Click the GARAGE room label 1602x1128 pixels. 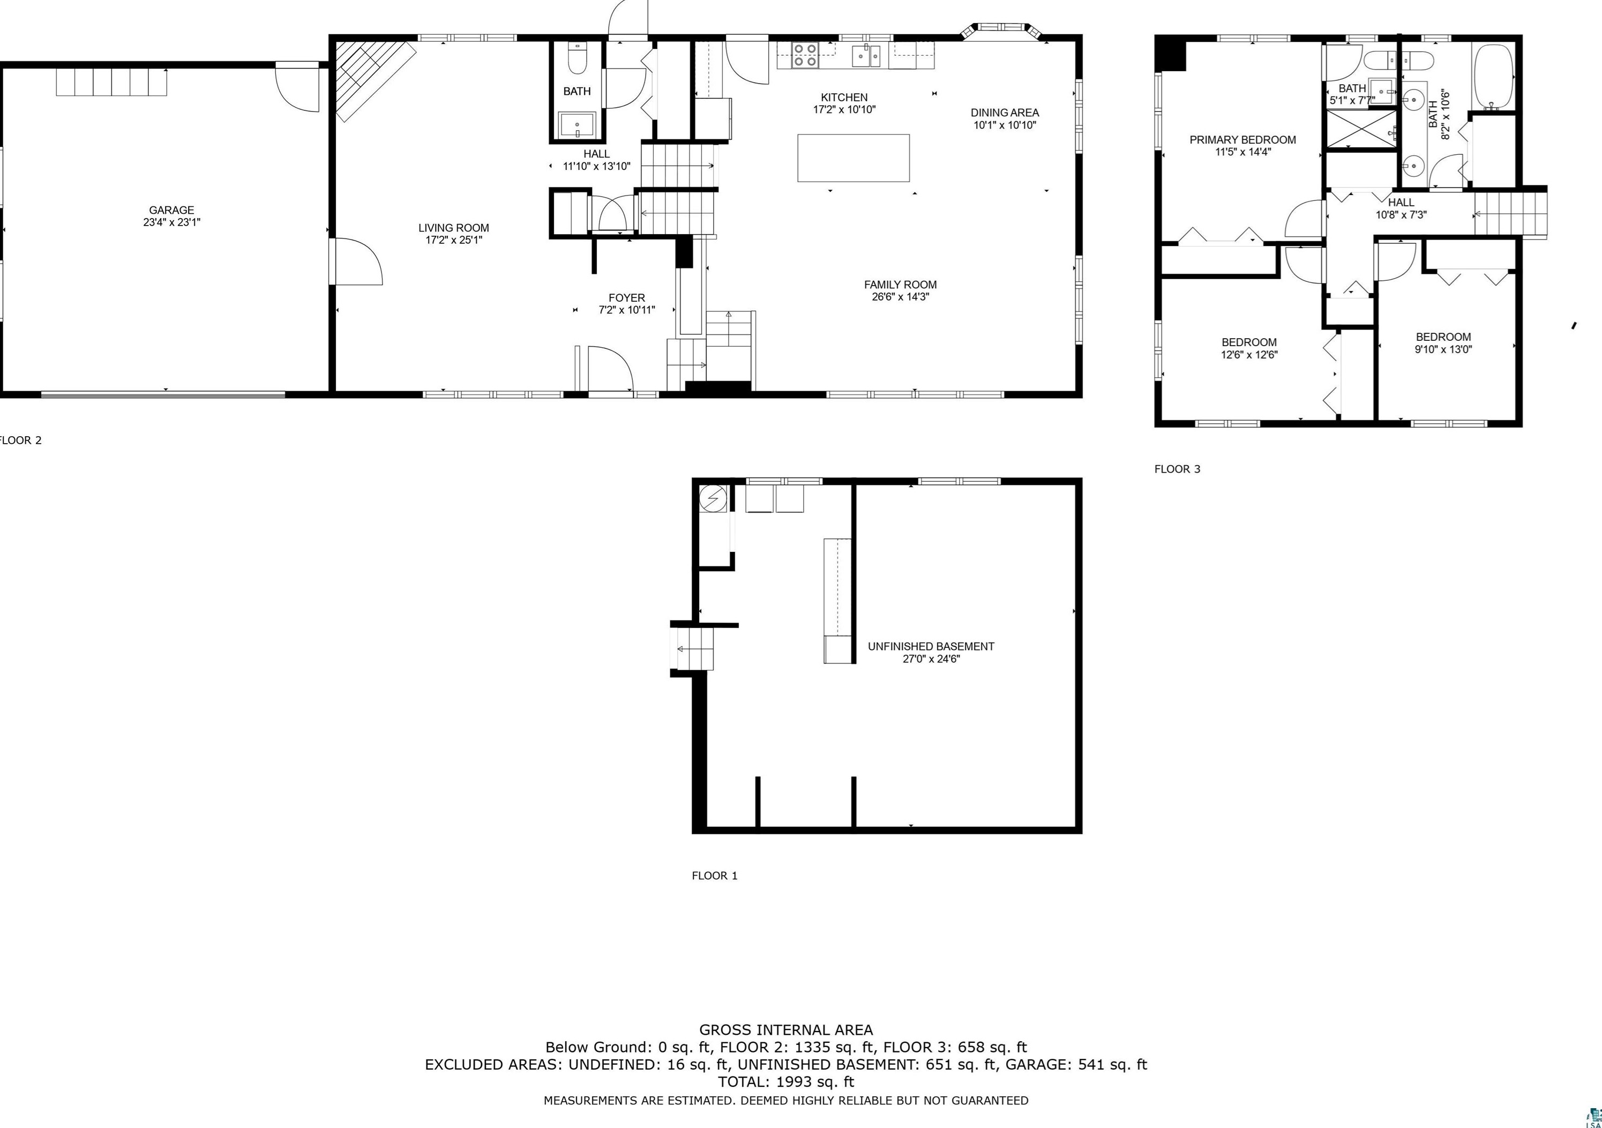click(x=171, y=210)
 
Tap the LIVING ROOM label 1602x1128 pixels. click(x=453, y=228)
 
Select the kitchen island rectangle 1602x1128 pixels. click(x=854, y=158)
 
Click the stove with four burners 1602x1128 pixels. click(x=805, y=55)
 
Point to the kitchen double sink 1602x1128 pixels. click(x=868, y=55)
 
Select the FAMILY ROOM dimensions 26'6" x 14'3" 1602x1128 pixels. click(x=900, y=297)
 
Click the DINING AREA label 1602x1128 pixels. click(x=1005, y=113)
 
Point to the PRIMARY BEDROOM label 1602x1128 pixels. click(x=1242, y=140)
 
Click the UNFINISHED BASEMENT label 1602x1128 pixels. click(x=931, y=646)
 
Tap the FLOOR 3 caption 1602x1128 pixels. click(x=1177, y=469)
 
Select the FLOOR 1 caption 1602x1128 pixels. click(x=715, y=875)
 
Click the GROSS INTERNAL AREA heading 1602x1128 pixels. click(x=785, y=1029)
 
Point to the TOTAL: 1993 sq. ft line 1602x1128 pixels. click(x=785, y=1082)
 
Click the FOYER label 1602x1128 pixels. click(x=626, y=298)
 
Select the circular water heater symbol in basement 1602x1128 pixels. click(x=713, y=498)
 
